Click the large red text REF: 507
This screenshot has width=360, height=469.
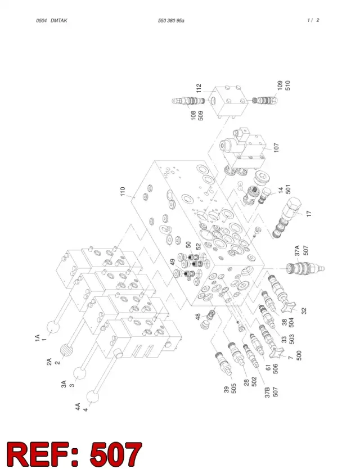click(74, 454)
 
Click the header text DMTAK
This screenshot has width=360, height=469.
click(59, 20)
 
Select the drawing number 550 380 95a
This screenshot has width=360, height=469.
click(171, 20)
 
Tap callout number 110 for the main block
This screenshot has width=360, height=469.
click(123, 191)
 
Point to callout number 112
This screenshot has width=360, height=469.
click(199, 88)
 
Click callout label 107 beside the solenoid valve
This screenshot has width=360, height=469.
click(276, 147)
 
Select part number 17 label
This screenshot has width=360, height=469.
click(309, 214)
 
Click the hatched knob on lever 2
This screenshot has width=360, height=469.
click(67, 350)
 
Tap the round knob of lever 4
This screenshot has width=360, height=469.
click(93, 396)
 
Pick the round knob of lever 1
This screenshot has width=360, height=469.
click(54, 327)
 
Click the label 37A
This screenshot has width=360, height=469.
click(297, 250)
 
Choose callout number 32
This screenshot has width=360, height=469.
click(304, 311)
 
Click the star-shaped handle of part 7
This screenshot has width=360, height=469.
click(276, 354)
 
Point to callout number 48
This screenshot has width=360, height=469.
click(198, 317)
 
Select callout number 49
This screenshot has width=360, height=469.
click(173, 262)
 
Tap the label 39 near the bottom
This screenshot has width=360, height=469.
click(227, 390)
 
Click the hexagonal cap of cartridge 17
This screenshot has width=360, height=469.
click(292, 207)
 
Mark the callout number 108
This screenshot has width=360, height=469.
click(193, 115)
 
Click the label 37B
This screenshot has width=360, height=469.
click(268, 392)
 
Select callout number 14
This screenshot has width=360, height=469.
click(280, 191)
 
